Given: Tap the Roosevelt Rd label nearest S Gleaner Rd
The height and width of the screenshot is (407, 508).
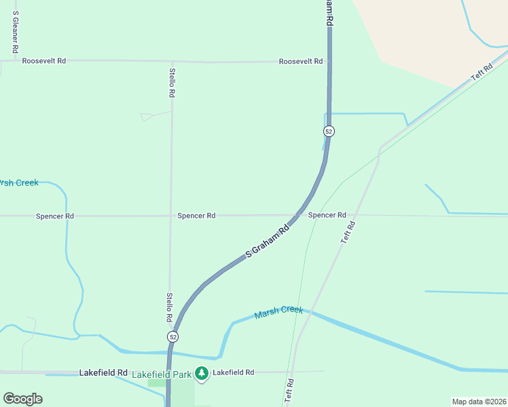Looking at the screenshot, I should click(43, 61).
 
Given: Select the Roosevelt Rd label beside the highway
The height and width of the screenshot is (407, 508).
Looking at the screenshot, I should click(301, 61).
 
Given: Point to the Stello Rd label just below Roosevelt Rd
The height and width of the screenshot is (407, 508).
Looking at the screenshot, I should click(173, 83).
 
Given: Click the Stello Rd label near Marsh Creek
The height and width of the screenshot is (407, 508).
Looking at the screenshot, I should click(170, 307).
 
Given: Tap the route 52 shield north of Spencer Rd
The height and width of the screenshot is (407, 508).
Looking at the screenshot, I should click(329, 131).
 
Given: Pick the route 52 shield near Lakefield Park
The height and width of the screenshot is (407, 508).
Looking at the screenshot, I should click(173, 337).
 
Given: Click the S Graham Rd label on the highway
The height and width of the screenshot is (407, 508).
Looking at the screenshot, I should click(267, 241).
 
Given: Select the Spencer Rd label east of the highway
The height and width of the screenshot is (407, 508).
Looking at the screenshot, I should click(327, 215).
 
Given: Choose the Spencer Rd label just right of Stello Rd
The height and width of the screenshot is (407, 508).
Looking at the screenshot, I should click(196, 216).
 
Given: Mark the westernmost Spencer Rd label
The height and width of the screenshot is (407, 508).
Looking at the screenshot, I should click(55, 216).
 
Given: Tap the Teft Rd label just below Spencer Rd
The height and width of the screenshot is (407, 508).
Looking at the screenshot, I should click(348, 233).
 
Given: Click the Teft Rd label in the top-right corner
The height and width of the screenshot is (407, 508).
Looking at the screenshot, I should click(482, 73).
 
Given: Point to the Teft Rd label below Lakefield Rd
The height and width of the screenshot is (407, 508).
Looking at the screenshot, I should click(290, 391).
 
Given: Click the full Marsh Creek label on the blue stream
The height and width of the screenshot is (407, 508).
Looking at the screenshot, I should click(278, 313).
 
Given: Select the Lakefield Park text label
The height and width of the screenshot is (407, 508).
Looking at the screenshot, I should click(161, 374).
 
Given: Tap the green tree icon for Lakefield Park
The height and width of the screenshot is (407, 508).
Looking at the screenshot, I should click(202, 373).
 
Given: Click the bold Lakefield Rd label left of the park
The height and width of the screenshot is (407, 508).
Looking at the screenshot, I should click(103, 373).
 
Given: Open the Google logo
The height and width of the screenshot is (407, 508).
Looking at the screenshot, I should click(23, 399).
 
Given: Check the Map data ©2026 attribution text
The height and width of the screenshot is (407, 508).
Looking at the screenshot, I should click(479, 402).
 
